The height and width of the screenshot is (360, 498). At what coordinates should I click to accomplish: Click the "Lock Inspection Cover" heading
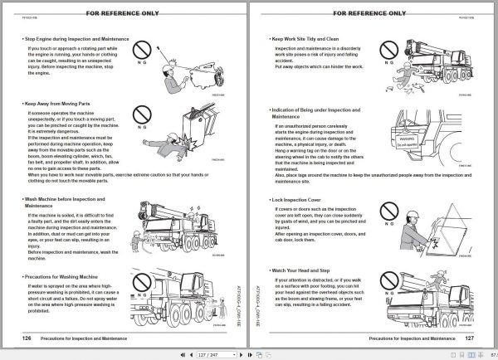[300, 200]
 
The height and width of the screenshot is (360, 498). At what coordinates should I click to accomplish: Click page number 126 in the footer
[27, 338]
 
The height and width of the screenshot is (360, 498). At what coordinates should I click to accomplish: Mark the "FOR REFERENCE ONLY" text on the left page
[124, 12]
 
